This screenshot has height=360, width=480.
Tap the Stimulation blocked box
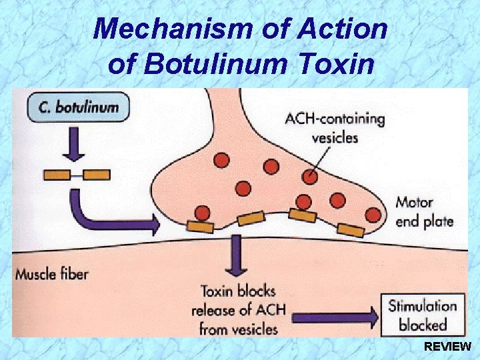pos(422,315)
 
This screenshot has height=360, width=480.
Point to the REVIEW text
pos(447,347)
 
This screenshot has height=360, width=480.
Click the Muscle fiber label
pos(51,273)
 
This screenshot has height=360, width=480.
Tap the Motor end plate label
pos(424,212)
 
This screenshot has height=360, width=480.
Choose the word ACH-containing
pos(335,120)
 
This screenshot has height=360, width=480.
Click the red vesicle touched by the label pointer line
pos(310,176)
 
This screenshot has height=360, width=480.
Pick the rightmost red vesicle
pos(373,215)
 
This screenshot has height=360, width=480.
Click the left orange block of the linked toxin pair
pos(57,175)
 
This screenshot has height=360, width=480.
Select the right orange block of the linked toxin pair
pos(97,175)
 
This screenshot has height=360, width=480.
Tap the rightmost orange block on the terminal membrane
pos(351,231)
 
